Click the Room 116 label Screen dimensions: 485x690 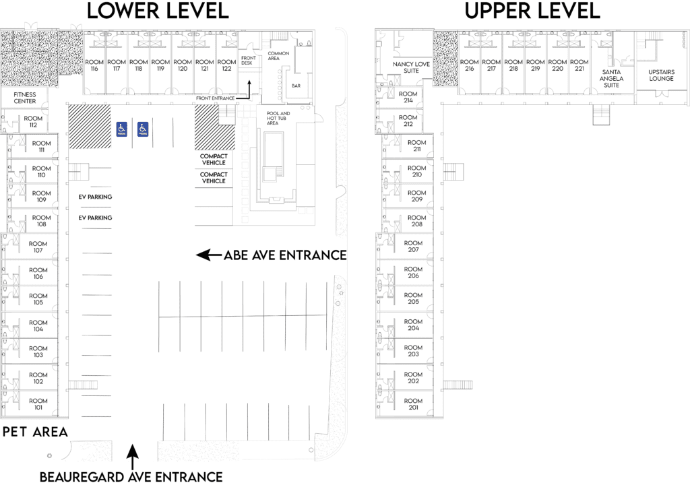(x=94, y=65)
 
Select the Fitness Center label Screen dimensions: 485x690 (x=25, y=98)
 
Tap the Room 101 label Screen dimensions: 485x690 (x=38, y=404)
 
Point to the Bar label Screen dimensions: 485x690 (x=296, y=86)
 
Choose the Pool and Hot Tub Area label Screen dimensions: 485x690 (x=278, y=119)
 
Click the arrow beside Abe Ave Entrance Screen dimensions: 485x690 (x=209, y=255)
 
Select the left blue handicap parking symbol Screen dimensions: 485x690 (x=122, y=128)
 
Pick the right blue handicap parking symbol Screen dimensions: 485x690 (x=143, y=128)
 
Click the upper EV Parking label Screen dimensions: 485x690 (x=95, y=197)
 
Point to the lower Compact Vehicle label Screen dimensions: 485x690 (x=214, y=177)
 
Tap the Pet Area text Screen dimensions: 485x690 (x=34, y=432)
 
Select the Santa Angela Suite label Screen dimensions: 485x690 (x=611, y=78)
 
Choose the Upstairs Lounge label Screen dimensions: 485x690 (x=660, y=75)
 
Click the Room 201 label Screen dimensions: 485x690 (x=413, y=404)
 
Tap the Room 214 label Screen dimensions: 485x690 (x=408, y=97)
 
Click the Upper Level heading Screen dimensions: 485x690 (x=532, y=11)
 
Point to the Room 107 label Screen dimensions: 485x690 (x=38, y=247)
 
